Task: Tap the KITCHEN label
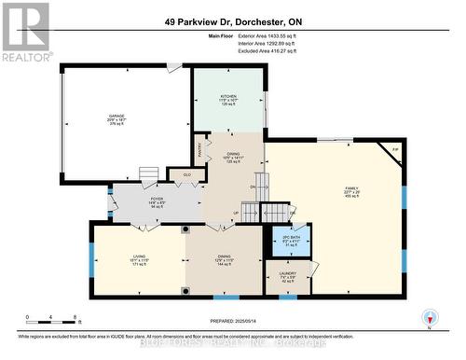pos(228,96)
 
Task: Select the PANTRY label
pos(199,146)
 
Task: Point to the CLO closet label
pos(186,174)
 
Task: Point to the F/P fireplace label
pos(394,149)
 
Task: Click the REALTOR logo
pos(26,32)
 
